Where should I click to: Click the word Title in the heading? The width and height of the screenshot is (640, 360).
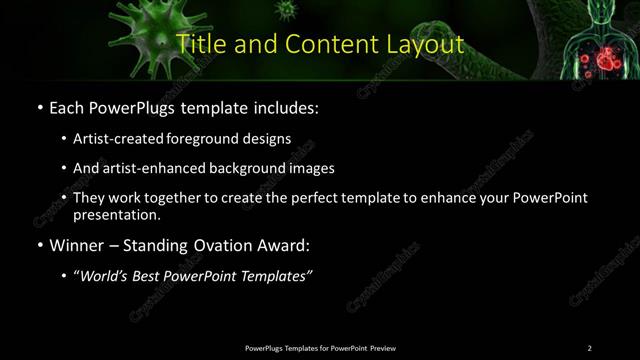199,44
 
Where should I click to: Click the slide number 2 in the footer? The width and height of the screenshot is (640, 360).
589,348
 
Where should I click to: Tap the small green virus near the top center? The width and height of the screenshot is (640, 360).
288,10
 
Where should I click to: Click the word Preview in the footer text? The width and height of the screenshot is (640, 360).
383,348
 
